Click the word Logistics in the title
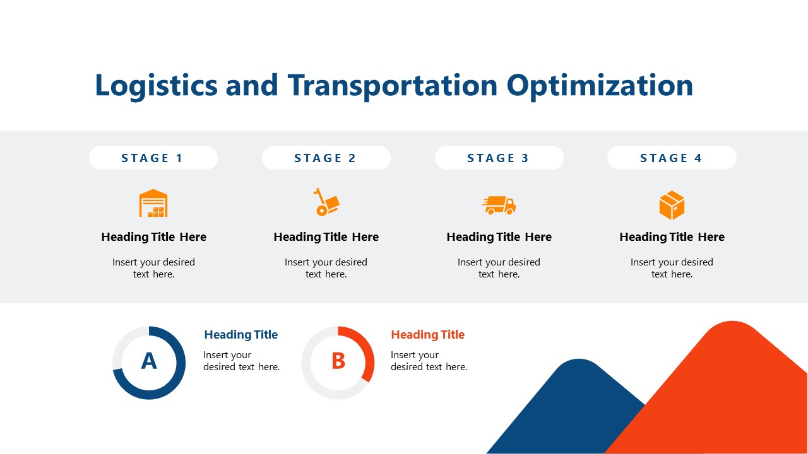[155, 86]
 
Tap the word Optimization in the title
[600, 86]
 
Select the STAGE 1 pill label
[153, 158]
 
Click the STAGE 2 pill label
[326, 158]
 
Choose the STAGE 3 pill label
[499, 158]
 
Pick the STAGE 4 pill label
[672, 158]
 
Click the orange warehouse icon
[153, 204]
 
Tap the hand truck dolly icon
[326, 202]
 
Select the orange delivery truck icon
[499, 205]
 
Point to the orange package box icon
[672, 206]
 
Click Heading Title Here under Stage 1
[153, 237]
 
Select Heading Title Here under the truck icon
[499, 237]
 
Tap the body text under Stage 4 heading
[672, 268]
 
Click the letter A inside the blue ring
[149, 361]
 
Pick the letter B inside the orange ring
[338, 361]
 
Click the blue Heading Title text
[241, 335]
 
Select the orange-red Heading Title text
[427, 335]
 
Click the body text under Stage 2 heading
[326, 268]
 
